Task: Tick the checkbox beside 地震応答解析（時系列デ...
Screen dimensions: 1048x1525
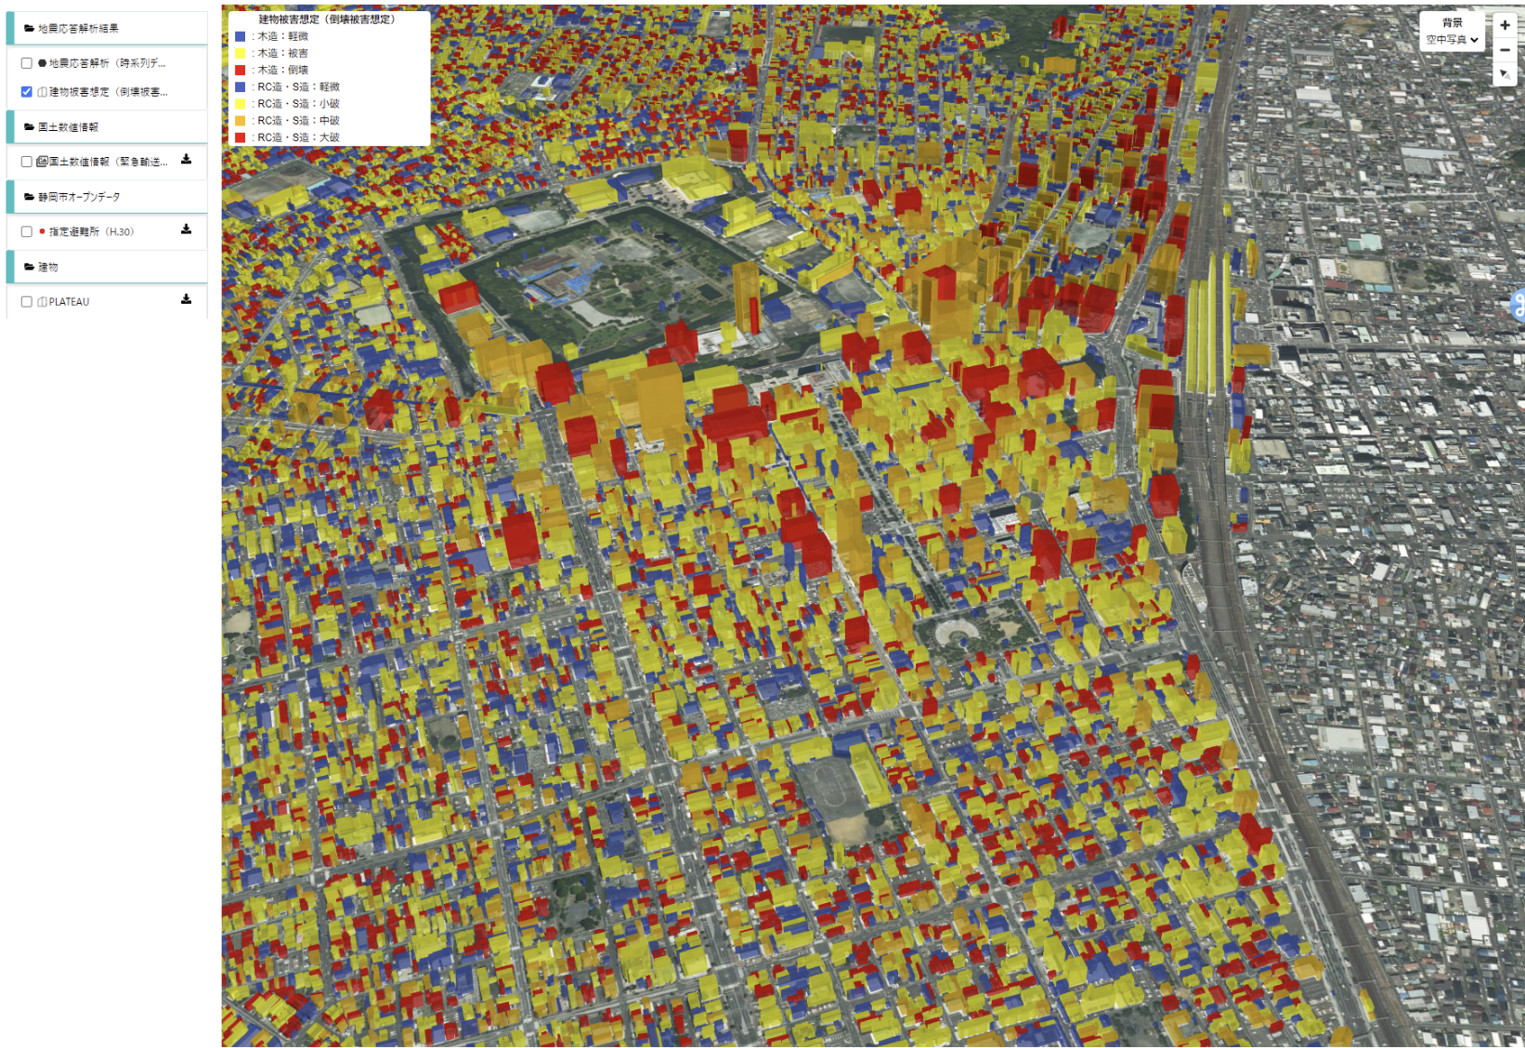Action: [27, 63]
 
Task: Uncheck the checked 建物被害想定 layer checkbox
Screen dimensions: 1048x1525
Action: [27, 92]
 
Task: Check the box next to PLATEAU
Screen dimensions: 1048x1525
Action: [27, 302]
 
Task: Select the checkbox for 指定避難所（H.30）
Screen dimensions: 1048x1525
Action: [27, 231]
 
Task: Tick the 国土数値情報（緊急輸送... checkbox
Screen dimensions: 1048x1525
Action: [27, 162]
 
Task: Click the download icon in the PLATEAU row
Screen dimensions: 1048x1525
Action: [186, 299]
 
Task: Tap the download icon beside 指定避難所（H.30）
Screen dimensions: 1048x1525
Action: [186, 229]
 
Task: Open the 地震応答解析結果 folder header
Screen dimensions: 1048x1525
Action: [78, 29]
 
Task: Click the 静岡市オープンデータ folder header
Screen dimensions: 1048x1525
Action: [79, 197]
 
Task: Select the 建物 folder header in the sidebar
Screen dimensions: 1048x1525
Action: [48, 267]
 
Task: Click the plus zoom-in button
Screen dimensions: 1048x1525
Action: [1505, 26]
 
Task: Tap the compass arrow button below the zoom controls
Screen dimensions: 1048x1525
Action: [1505, 74]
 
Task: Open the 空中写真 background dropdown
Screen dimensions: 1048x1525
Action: [1453, 40]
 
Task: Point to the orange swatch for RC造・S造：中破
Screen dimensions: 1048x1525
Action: [241, 121]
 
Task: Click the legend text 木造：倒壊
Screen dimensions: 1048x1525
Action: [282, 70]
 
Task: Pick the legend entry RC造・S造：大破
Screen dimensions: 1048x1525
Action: [298, 138]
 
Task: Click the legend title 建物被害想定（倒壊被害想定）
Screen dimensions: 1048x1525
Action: [327, 19]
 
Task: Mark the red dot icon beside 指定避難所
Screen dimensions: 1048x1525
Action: [42, 231]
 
